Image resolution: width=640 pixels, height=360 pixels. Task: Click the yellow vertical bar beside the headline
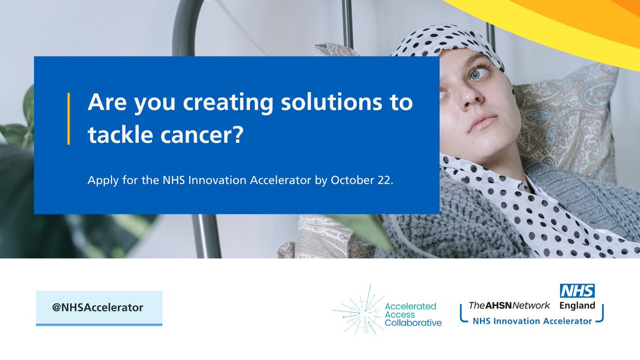(69, 118)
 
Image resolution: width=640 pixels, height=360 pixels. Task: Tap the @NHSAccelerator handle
(98, 308)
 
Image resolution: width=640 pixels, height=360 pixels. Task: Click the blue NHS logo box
(577, 291)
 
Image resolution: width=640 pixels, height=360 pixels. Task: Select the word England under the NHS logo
(577, 306)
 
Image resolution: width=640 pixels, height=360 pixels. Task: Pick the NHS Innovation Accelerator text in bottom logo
(532, 321)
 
